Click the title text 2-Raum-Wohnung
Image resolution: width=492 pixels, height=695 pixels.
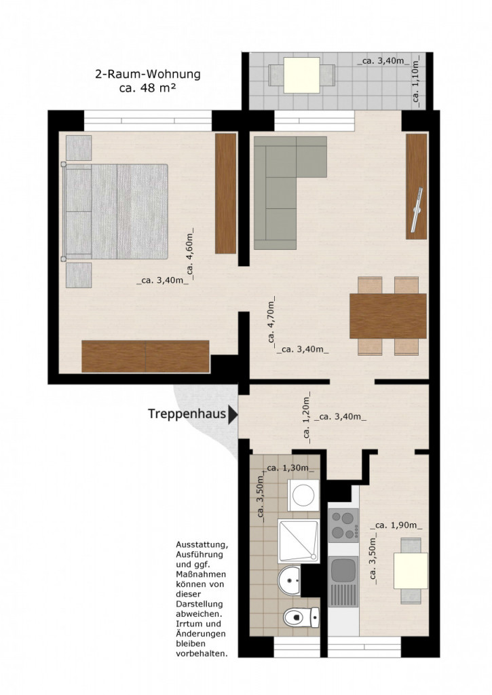pyautogui.click(x=148, y=74)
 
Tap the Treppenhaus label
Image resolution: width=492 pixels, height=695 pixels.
pyautogui.click(x=187, y=414)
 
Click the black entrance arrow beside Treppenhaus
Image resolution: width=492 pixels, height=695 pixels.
pyautogui.click(x=233, y=415)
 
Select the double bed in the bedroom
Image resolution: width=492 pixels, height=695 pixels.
pyautogui.click(x=115, y=212)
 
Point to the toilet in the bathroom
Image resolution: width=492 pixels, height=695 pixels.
pyautogui.click(x=301, y=617)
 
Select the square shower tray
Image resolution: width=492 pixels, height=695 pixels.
pyautogui.click(x=299, y=541)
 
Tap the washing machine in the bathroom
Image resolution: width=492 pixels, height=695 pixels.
pyautogui.click(x=303, y=495)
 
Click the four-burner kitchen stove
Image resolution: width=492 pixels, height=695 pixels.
pyautogui.click(x=343, y=526)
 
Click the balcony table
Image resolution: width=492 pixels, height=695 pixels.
pyautogui.click(x=302, y=75)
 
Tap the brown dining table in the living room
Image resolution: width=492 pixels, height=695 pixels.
pyautogui.click(x=388, y=316)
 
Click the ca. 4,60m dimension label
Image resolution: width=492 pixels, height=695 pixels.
pyautogui.click(x=190, y=256)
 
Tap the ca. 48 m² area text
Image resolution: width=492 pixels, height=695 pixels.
pyautogui.click(x=148, y=88)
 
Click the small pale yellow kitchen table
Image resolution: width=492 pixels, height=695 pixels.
pyautogui.click(x=411, y=570)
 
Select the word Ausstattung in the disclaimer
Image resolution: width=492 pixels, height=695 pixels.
pyautogui.click(x=202, y=545)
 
